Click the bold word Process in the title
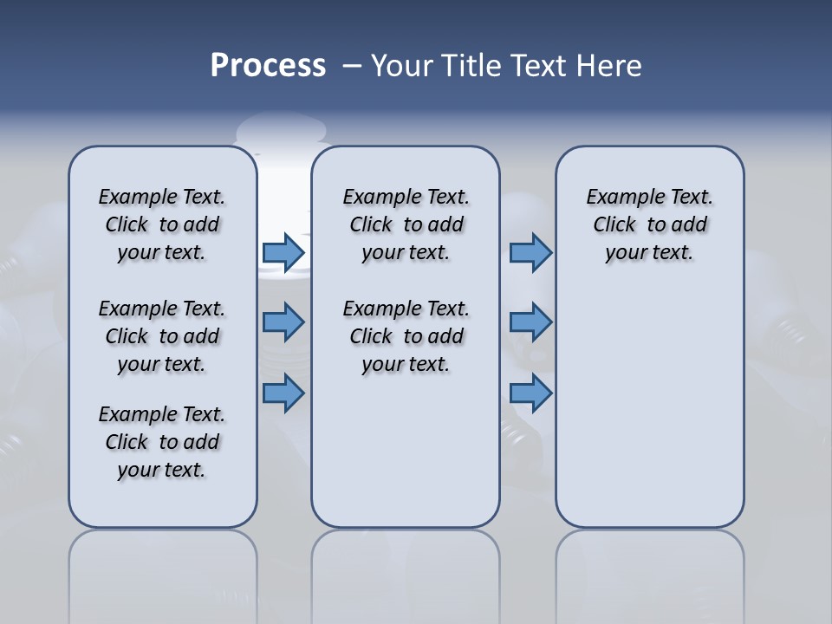click(x=268, y=65)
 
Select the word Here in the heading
click(x=608, y=65)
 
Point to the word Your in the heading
click(x=402, y=65)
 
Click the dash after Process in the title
click(x=352, y=66)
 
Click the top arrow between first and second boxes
click(x=283, y=253)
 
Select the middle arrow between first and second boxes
click(x=283, y=322)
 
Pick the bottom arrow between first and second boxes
click(x=283, y=393)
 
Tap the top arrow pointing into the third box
click(x=530, y=253)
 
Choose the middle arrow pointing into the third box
click(x=530, y=322)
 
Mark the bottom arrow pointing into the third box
click(x=530, y=393)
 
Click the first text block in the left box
click(x=162, y=224)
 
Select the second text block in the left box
click(x=162, y=336)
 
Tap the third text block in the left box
click(x=162, y=442)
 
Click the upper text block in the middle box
click(x=406, y=224)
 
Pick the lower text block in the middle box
click(x=406, y=336)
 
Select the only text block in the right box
click(x=650, y=224)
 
